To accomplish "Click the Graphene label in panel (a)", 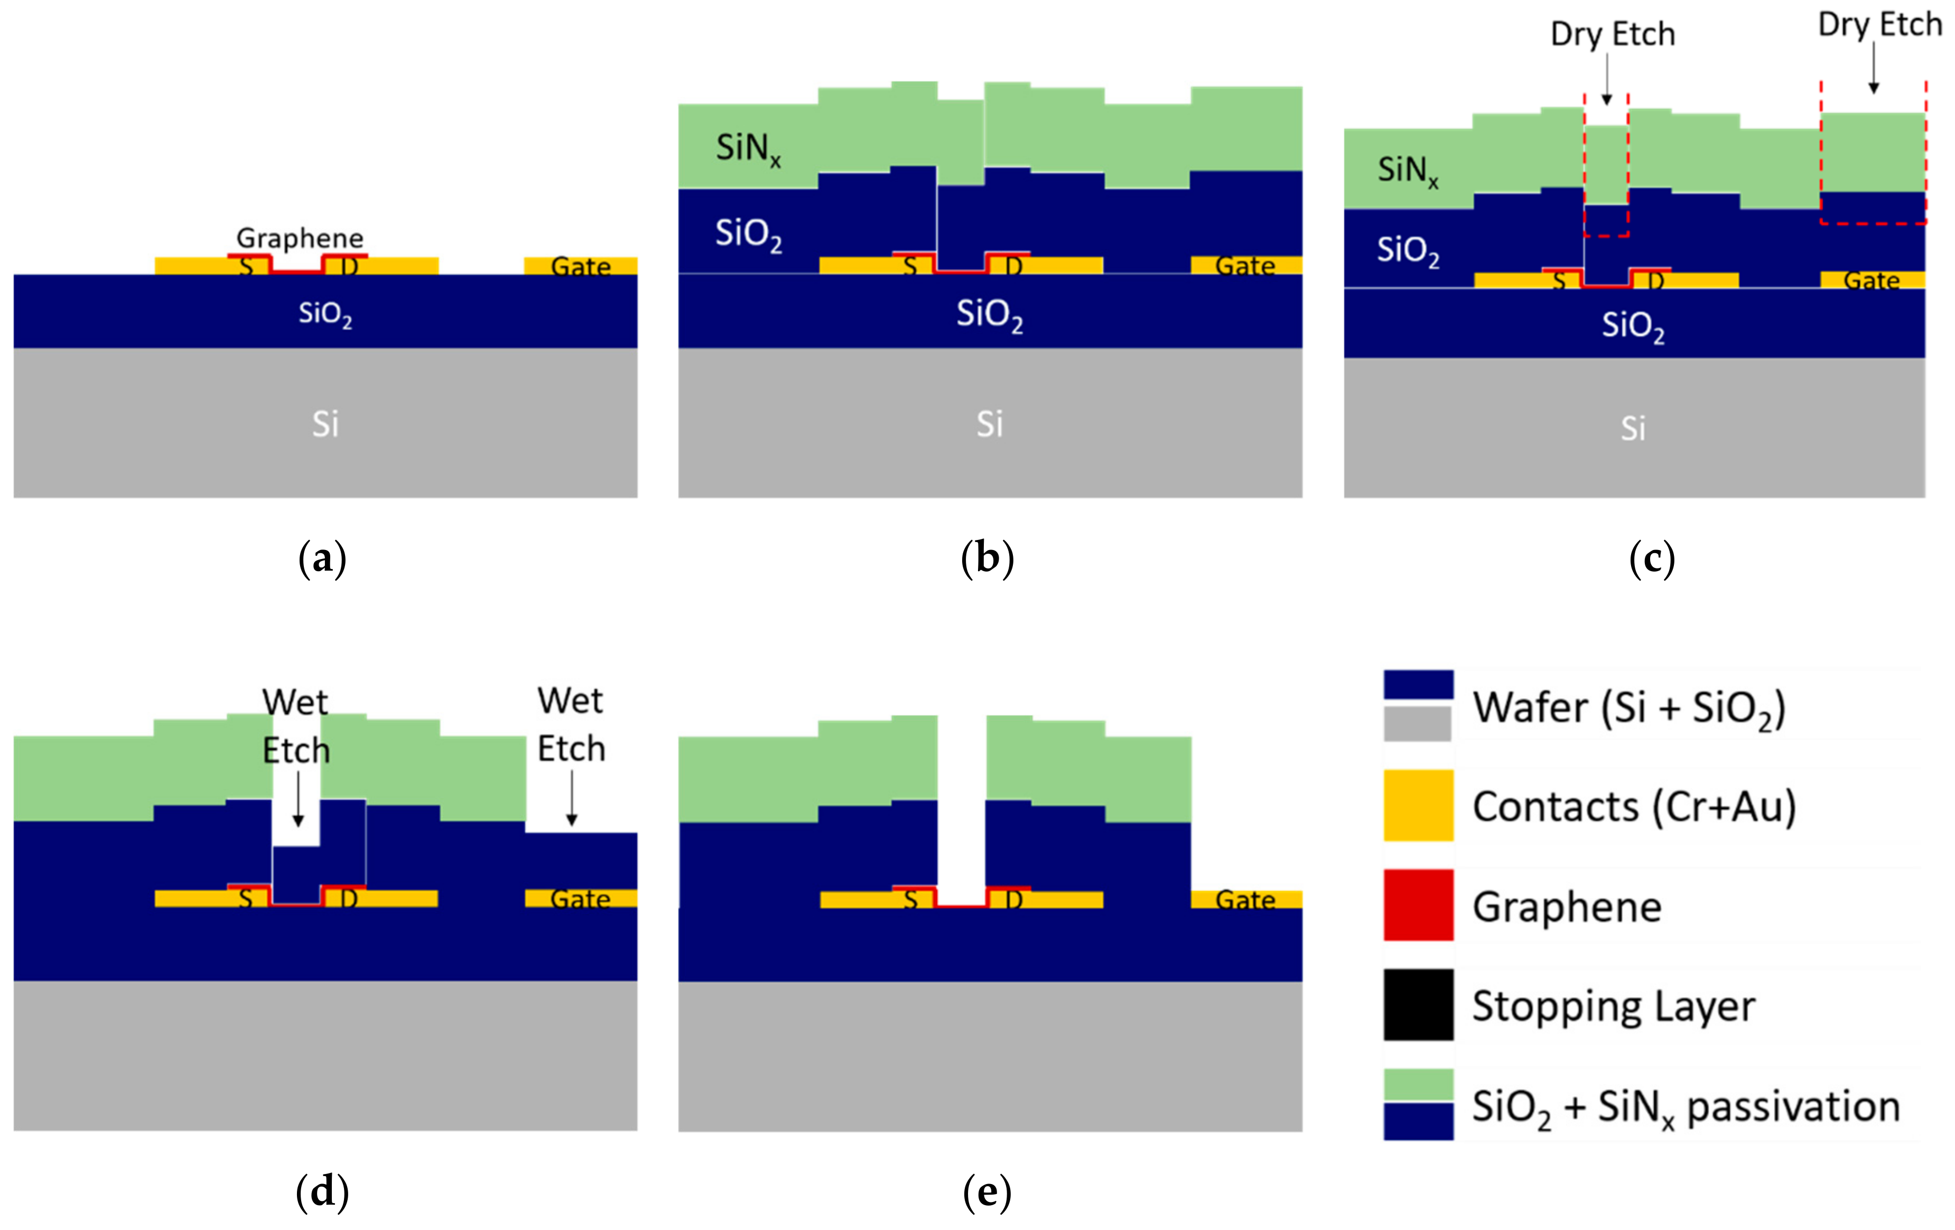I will pyautogui.click(x=300, y=238).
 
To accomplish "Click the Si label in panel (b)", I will pyautogui.click(x=990, y=424).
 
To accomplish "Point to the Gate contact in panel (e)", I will pyautogui.click(x=1245, y=900).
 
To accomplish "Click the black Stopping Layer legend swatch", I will pyautogui.click(x=1418, y=1004).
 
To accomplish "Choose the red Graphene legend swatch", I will pyautogui.click(x=1418, y=905).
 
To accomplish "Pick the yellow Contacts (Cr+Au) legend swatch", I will pyautogui.click(x=1418, y=805).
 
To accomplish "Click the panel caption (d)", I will pyautogui.click(x=322, y=1192).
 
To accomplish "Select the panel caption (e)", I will pyautogui.click(x=987, y=1192).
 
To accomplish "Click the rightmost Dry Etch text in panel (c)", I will pyautogui.click(x=1879, y=24).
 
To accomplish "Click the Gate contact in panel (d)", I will pyautogui.click(x=581, y=898).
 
